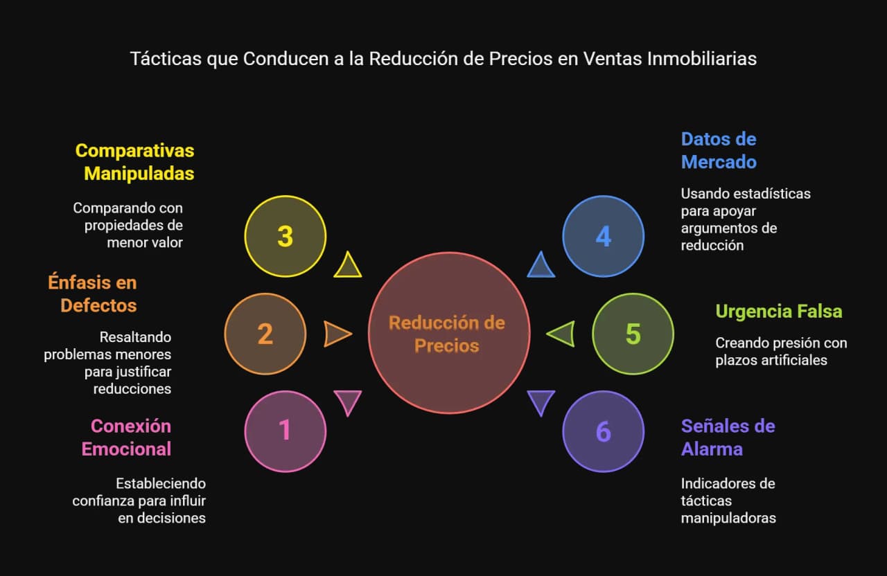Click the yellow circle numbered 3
click(x=285, y=236)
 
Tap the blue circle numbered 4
click(x=603, y=236)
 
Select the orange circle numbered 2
click(x=265, y=334)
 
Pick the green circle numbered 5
click(x=633, y=334)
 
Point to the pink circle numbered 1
click(x=285, y=431)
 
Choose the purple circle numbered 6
click(x=603, y=431)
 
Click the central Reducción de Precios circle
click(x=449, y=333)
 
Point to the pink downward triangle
click(x=348, y=401)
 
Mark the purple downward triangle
click(x=541, y=401)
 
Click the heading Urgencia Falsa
click(x=778, y=311)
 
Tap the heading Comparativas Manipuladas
click(x=134, y=162)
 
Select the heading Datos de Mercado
click(x=719, y=150)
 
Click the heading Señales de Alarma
click(x=728, y=438)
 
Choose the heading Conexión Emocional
click(x=126, y=438)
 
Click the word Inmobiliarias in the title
click(x=702, y=59)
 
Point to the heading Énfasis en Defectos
click(x=92, y=293)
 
